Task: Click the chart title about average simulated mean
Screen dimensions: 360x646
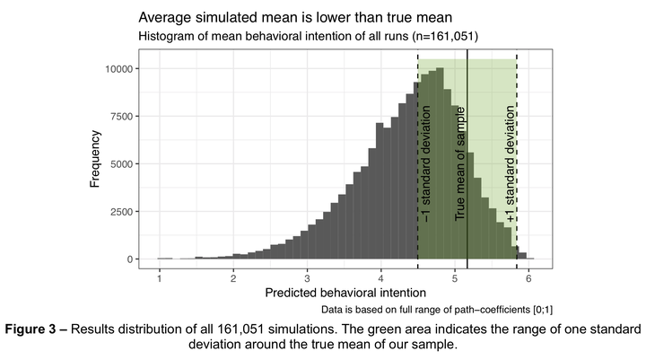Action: click(x=295, y=17)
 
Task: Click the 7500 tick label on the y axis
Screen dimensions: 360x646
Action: click(x=121, y=117)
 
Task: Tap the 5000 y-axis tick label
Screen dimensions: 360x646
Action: click(x=121, y=164)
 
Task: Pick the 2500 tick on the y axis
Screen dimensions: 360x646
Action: click(x=121, y=212)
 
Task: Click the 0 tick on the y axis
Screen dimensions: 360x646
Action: click(x=130, y=259)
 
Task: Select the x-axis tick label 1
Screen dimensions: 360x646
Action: click(x=160, y=277)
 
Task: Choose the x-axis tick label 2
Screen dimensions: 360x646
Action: click(x=233, y=277)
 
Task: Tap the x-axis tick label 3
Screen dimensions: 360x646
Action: click(x=307, y=277)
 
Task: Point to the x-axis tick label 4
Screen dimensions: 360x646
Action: click(x=380, y=277)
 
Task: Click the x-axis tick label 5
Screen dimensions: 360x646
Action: click(x=455, y=277)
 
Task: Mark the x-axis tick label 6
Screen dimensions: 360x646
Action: click(x=528, y=277)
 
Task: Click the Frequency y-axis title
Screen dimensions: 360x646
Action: click(x=94, y=162)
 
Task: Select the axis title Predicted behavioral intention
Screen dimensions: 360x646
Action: click(x=345, y=293)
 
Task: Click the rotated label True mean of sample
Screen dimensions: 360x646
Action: click(x=460, y=163)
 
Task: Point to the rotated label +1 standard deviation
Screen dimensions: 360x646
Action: click(x=511, y=163)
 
